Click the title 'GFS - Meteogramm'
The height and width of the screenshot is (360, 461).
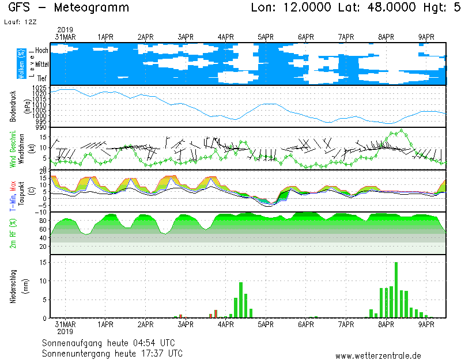tap(69, 8)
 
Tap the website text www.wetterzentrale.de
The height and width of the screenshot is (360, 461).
tap(378, 356)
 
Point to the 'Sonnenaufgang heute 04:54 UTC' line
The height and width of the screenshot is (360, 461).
tap(112, 342)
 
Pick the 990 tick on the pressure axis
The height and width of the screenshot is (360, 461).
tap(42, 127)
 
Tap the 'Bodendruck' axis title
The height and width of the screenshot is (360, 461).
tap(13, 106)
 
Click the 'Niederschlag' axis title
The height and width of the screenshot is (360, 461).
tap(13, 285)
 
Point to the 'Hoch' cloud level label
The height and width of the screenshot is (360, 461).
tap(41, 51)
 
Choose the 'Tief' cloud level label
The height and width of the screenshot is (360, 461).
tap(42, 78)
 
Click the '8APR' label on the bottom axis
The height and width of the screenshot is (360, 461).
tap(386, 325)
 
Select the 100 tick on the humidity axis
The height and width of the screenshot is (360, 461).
tap(41, 213)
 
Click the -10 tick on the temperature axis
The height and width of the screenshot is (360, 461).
tap(41, 213)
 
